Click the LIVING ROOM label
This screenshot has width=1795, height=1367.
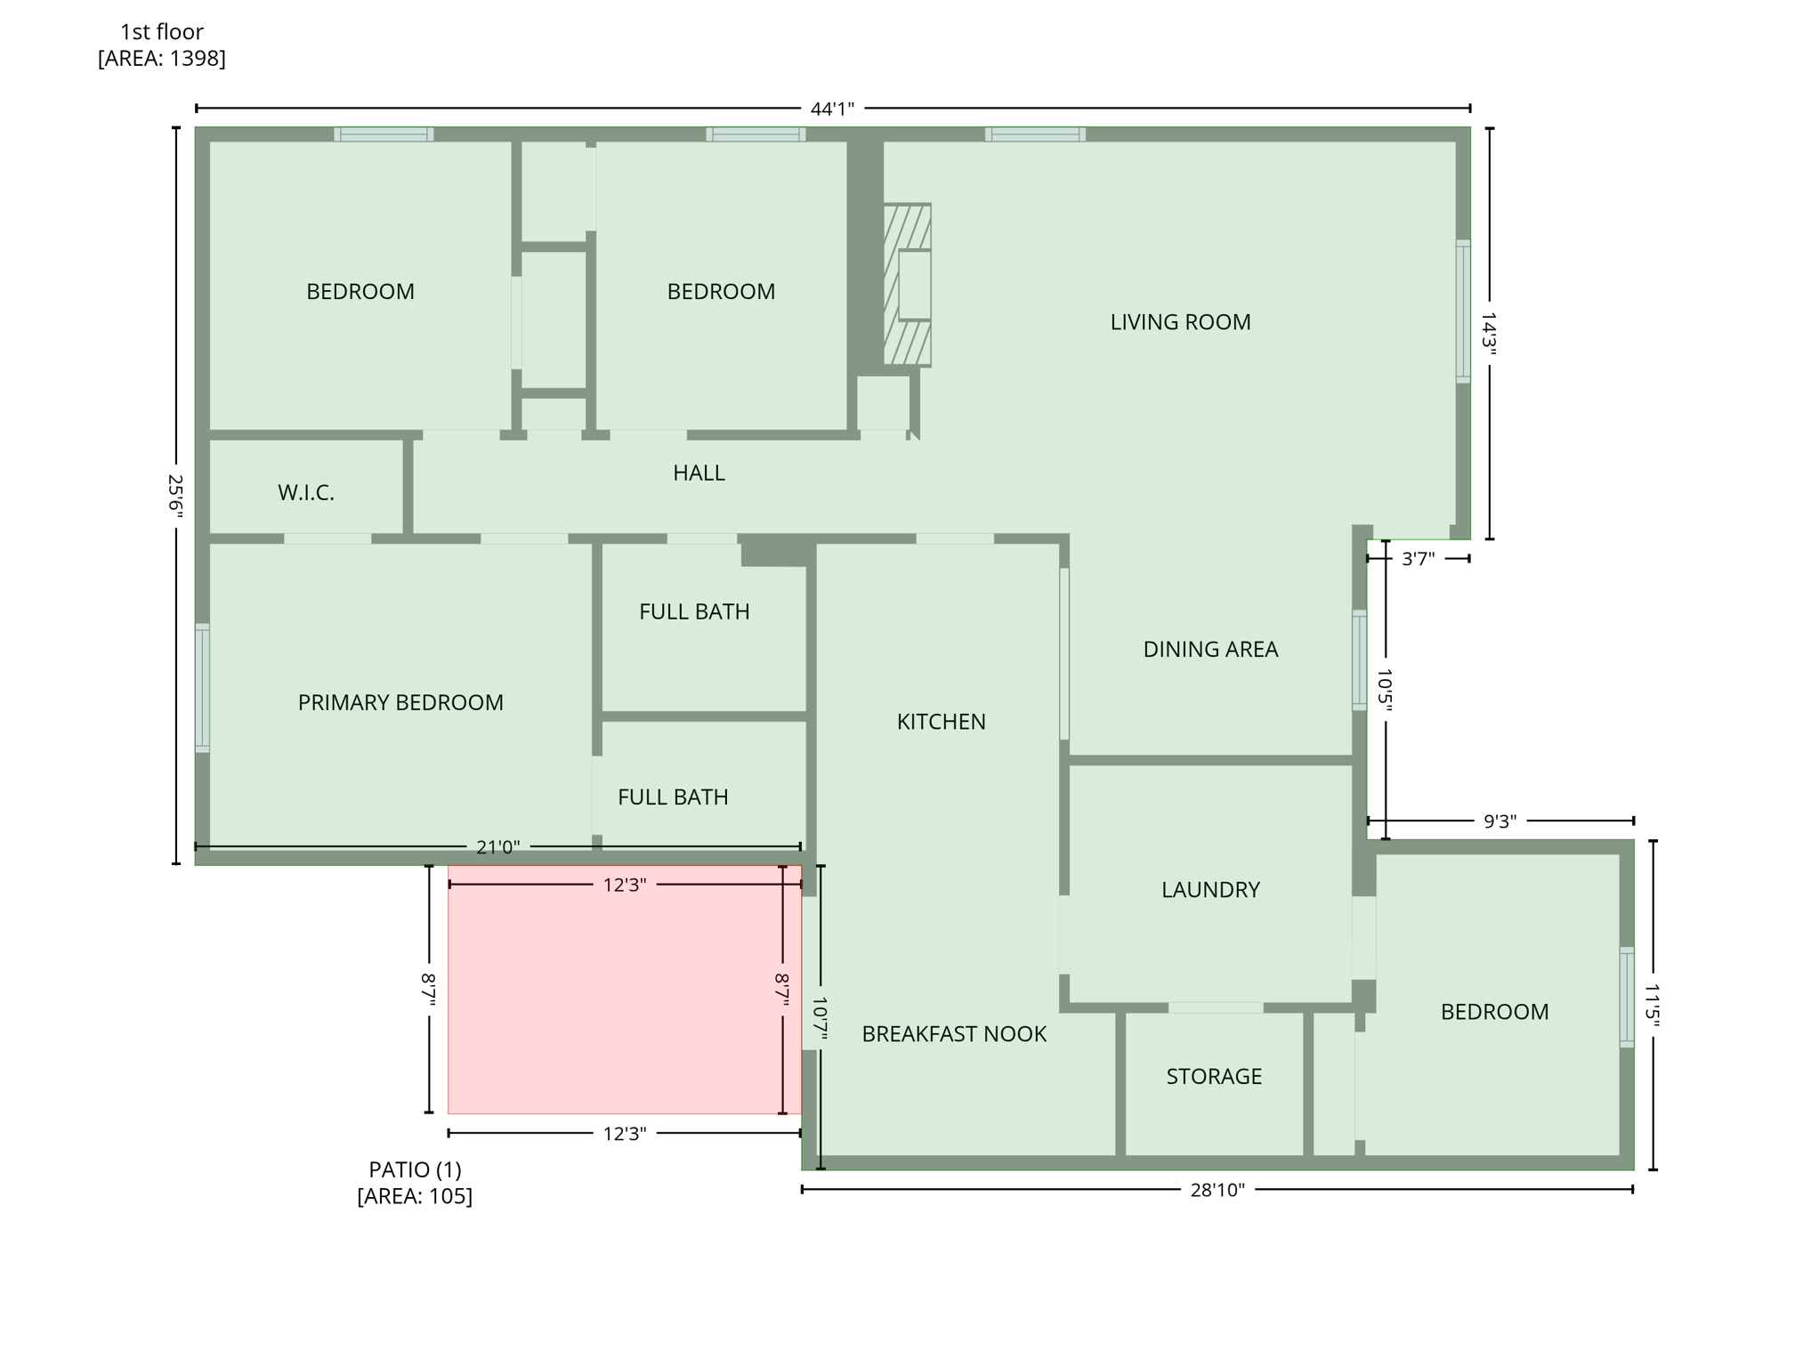click(x=1179, y=322)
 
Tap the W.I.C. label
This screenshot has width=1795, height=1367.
click(x=306, y=492)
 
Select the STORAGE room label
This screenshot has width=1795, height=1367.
click(x=1213, y=1076)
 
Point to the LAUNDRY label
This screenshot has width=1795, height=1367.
click(x=1209, y=889)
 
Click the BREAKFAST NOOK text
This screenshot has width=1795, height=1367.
click(x=953, y=1033)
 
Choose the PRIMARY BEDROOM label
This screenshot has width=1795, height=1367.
click(x=400, y=702)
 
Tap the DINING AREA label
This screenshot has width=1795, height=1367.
click(x=1209, y=649)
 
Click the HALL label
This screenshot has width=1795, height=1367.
click(x=699, y=473)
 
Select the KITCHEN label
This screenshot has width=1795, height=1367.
click(x=941, y=721)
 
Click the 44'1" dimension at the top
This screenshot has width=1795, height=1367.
click(x=831, y=109)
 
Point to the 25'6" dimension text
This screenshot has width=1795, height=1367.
click(x=176, y=495)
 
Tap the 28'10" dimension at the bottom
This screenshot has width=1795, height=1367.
click(x=1217, y=1190)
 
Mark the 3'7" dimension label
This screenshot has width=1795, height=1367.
click(x=1418, y=559)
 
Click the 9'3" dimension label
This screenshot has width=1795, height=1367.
click(x=1500, y=821)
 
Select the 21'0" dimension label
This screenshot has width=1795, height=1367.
click(x=497, y=847)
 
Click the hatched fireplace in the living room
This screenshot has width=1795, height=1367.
click(x=906, y=285)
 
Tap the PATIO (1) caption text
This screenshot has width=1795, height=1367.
click(x=415, y=1169)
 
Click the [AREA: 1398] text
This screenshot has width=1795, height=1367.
click(x=161, y=58)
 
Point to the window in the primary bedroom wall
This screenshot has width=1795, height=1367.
click(x=203, y=688)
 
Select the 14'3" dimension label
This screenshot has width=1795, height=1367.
click(x=1488, y=333)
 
